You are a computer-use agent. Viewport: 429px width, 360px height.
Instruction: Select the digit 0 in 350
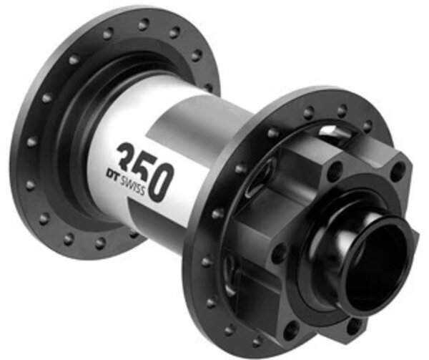[162, 182]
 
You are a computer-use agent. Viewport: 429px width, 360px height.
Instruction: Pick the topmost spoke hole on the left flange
[144, 25]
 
